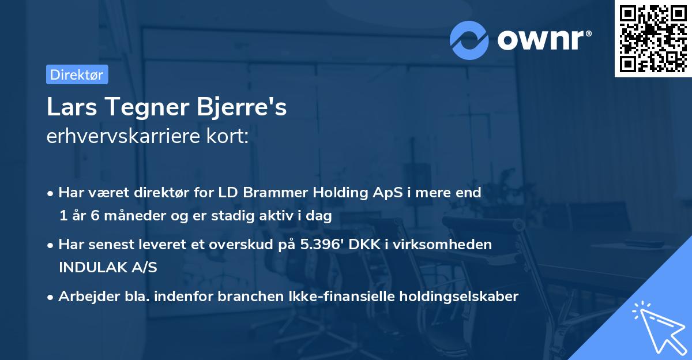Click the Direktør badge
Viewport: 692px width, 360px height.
point(77,74)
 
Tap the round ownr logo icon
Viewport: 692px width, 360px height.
point(469,40)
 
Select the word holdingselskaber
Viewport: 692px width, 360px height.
point(457,297)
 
